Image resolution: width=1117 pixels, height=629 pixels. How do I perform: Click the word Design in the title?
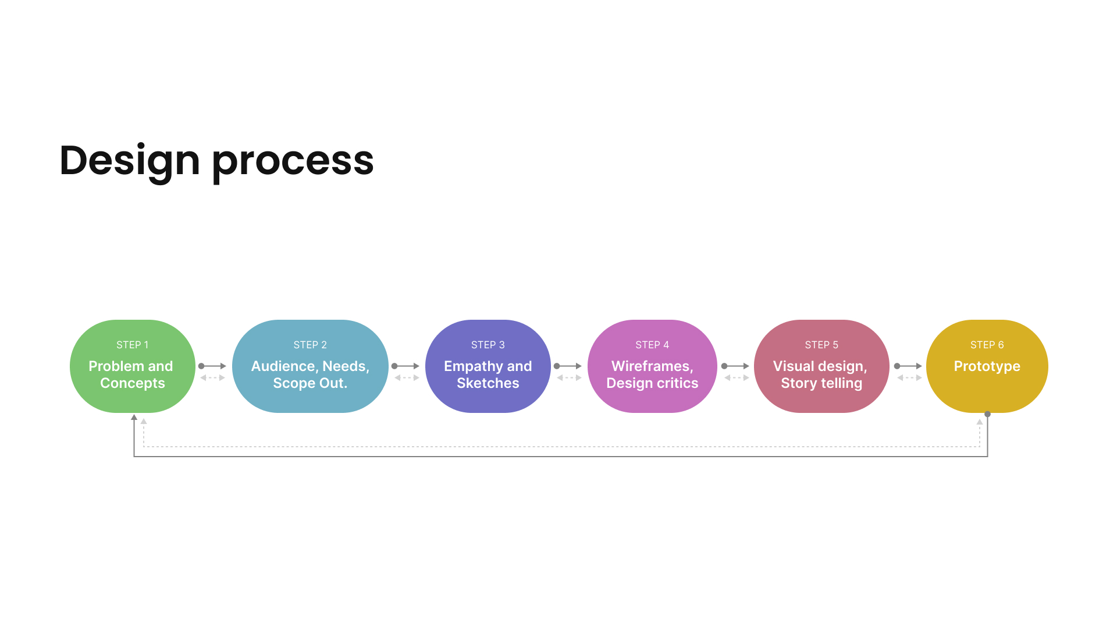(x=130, y=160)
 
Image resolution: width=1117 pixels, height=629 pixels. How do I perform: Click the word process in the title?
(x=293, y=161)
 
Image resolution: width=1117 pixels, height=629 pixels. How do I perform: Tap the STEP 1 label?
(x=133, y=345)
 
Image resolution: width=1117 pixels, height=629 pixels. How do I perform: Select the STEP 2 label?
(x=310, y=345)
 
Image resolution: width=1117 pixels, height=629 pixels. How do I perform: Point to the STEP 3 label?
(x=488, y=345)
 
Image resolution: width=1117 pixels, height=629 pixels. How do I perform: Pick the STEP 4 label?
(x=652, y=345)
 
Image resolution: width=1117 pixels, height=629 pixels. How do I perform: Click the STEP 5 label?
(x=821, y=345)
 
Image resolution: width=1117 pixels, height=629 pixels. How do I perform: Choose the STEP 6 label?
(x=987, y=345)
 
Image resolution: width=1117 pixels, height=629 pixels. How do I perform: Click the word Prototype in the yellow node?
(x=987, y=366)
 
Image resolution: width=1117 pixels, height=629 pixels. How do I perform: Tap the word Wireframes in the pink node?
(x=651, y=366)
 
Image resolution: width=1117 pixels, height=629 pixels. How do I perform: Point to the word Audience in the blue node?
(x=283, y=366)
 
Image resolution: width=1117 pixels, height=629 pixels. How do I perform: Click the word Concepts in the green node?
(x=133, y=383)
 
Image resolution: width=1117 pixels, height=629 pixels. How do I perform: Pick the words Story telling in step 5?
(x=821, y=383)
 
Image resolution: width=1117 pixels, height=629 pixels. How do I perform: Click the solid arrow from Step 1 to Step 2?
(x=213, y=366)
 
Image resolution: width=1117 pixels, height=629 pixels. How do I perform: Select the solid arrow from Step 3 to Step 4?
(x=568, y=366)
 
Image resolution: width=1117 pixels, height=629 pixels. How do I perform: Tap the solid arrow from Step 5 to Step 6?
(x=909, y=366)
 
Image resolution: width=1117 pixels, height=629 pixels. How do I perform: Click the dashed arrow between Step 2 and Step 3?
(x=407, y=378)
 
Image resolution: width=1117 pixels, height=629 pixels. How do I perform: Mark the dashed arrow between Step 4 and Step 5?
(x=737, y=378)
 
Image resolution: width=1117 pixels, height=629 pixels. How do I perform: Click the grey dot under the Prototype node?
(x=987, y=414)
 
